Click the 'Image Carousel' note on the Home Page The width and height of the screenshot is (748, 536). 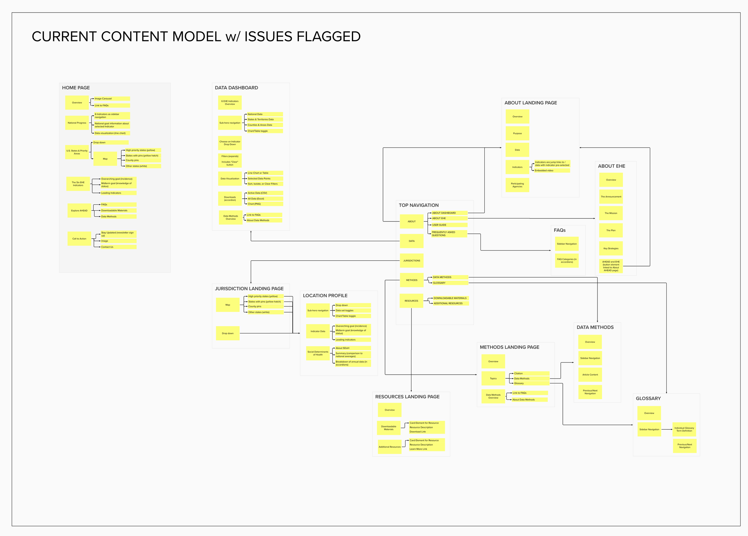pyautogui.click(x=112, y=99)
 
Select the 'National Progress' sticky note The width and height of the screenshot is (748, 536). pyautogui.click(x=77, y=123)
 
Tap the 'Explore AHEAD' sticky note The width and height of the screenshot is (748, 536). pyautogui.click(x=79, y=210)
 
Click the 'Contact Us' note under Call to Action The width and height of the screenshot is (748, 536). pyautogui.click(x=118, y=247)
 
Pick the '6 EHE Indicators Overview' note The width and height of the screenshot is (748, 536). pyautogui.click(x=230, y=103)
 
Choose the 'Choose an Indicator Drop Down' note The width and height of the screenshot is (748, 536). pyautogui.click(x=230, y=143)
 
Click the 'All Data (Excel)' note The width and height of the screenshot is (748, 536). pyautogui.click(x=265, y=198)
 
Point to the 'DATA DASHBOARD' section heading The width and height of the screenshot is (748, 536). pyautogui.click(x=236, y=88)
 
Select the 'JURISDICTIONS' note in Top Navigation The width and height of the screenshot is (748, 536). pyautogui.click(x=412, y=261)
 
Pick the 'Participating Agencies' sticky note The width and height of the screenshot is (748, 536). pyautogui.click(x=517, y=185)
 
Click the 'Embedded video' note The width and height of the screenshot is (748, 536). pyautogui.click(x=552, y=171)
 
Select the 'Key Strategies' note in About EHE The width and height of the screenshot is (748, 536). pyautogui.click(x=611, y=248)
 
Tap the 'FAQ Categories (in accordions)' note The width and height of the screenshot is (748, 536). pyautogui.click(x=567, y=261)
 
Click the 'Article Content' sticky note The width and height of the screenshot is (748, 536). pyautogui.click(x=590, y=375)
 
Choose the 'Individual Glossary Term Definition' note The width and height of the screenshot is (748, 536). pyautogui.click(x=684, y=429)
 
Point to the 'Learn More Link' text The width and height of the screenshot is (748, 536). pyautogui.click(x=418, y=449)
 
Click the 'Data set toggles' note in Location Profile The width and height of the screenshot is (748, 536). pyautogui.click(x=352, y=310)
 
